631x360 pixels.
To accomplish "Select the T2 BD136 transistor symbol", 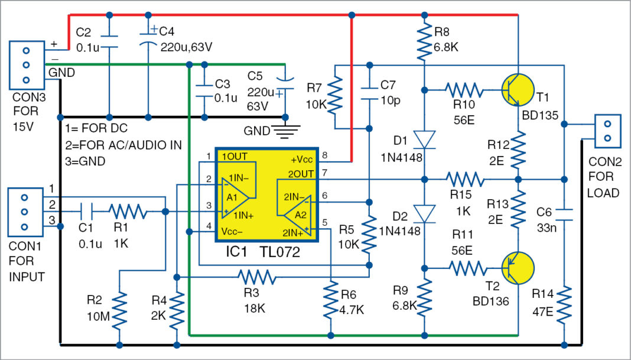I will [x=518, y=268].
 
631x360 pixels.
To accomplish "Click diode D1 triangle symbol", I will [x=424, y=140].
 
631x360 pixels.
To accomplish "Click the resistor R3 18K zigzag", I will [x=256, y=276].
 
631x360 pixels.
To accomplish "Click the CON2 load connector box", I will [x=607, y=131].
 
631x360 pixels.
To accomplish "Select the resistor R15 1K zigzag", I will [x=464, y=177].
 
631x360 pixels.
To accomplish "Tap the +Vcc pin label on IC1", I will [x=302, y=160].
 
